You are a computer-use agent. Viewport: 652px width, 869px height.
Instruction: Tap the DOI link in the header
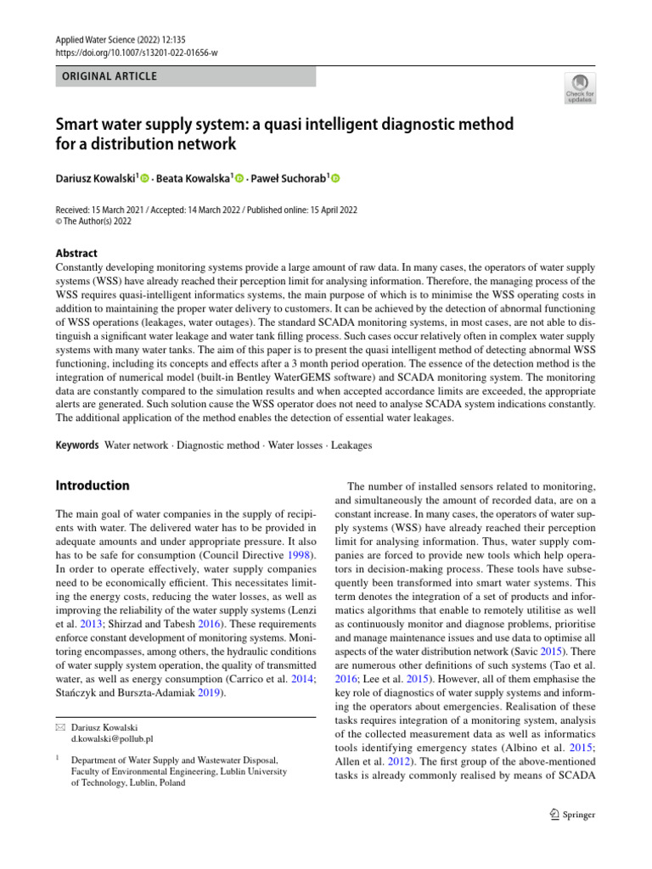pyautogui.click(x=136, y=52)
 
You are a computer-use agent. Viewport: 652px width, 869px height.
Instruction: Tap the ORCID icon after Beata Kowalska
pyautogui.click(x=239, y=178)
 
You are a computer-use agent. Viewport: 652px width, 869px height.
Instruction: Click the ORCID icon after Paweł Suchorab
pyautogui.click(x=334, y=178)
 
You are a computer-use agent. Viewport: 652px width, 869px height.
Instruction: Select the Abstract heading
pyautogui.click(x=76, y=253)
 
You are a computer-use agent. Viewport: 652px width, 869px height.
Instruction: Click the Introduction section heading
pyautogui.click(x=93, y=485)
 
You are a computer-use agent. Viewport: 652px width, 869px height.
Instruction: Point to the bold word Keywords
pyautogui.click(x=77, y=445)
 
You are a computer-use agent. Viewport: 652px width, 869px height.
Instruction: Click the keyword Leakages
pyautogui.click(x=351, y=445)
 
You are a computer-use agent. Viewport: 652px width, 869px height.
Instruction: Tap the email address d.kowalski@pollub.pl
pyautogui.click(x=105, y=739)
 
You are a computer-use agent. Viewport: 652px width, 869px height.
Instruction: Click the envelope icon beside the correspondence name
pyautogui.click(x=60, y=727)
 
